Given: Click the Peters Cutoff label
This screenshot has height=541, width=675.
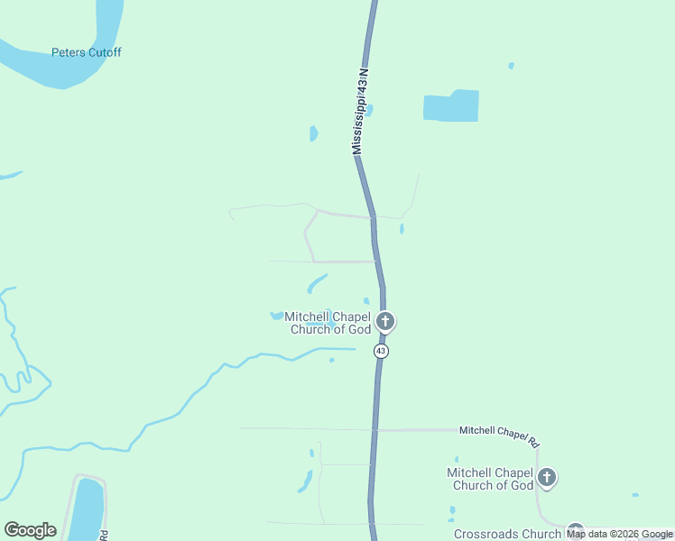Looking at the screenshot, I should pos(86,52).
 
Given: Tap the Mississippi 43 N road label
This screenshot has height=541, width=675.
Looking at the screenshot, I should pos(362,111).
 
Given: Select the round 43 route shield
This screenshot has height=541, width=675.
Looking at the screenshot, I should pos(382,351).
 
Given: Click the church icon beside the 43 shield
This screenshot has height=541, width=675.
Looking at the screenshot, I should pos(385,321).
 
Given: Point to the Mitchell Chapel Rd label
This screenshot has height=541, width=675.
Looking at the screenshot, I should pos(499,436).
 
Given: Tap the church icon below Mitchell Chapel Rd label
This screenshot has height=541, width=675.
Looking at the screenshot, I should pos(546,477).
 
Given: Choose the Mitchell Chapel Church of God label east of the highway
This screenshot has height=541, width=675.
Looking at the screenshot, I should pos(491,479).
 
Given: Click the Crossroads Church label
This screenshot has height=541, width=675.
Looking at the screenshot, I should pos(508,534).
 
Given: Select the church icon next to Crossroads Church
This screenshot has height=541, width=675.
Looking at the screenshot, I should pos(575,532).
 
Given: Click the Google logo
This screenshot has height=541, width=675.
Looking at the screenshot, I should pos(30,530).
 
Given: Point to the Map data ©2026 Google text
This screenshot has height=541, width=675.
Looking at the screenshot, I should pos(620,534).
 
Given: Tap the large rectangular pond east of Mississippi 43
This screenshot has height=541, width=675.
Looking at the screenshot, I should pos(451,106).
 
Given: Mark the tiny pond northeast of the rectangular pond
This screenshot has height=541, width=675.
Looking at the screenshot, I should pos(511,66).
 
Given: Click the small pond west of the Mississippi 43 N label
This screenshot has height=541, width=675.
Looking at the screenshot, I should pos(313,133).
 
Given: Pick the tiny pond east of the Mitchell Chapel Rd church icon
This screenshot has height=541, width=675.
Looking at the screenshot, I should pos(635,494).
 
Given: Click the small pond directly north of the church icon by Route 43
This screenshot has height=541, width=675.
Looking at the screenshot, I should pos(365,300).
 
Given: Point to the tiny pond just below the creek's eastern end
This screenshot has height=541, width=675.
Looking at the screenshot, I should pos(331,360).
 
